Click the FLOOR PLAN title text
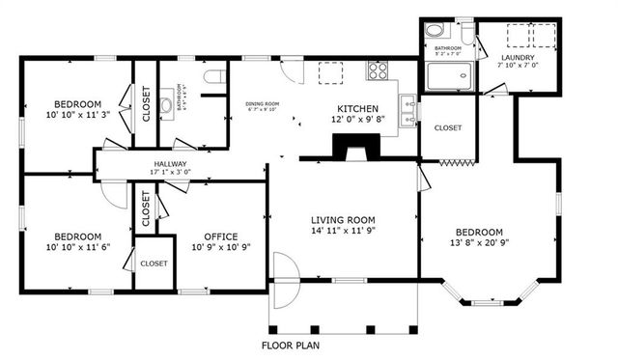293,345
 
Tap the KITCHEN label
356,109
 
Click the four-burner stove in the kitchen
377,70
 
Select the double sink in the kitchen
409,110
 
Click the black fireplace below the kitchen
349,145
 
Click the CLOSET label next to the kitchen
448,128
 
